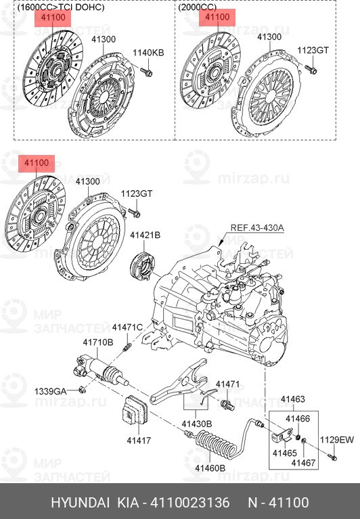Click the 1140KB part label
pyautogui.click(x=148, y=53)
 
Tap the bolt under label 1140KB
pyautogui.click(x=146, y=72)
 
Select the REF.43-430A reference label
pyautogui.click(x=257, y=228)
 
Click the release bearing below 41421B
pyautogui.click(x=143, y=266)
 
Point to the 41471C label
pyautogui.click(x=127, y=328)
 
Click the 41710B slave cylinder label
pyautogui.click(x=98, y=342)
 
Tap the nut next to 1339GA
pyautogui.click(x=83, y=390)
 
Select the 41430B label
pyautogui.click(x=196, y=424)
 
